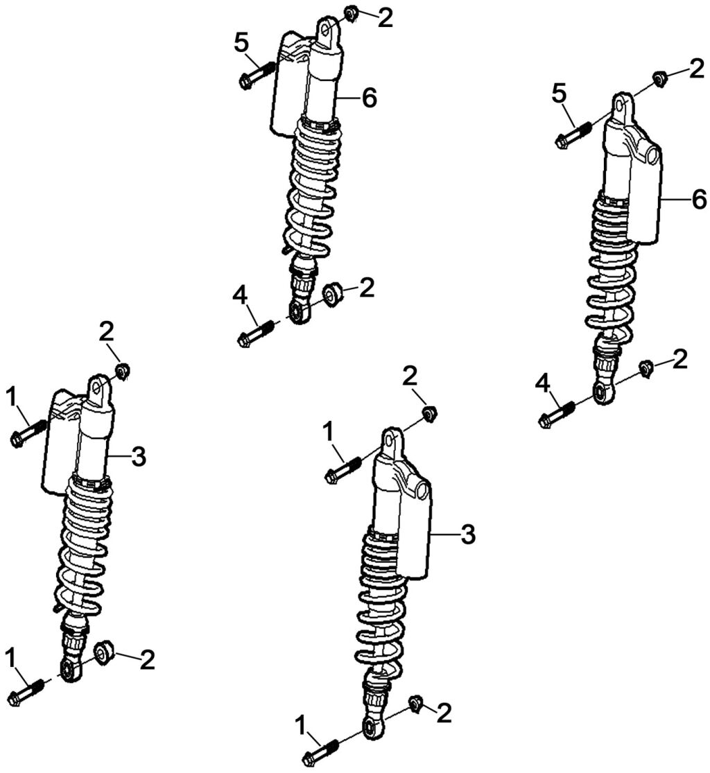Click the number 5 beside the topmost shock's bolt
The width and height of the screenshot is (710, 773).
241,43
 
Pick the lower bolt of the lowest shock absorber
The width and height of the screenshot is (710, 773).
320,753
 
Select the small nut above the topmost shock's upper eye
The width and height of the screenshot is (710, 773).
350,12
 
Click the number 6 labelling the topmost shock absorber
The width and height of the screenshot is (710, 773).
369,98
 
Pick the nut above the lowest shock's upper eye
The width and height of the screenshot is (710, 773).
429,415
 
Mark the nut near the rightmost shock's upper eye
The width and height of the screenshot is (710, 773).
659,77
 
